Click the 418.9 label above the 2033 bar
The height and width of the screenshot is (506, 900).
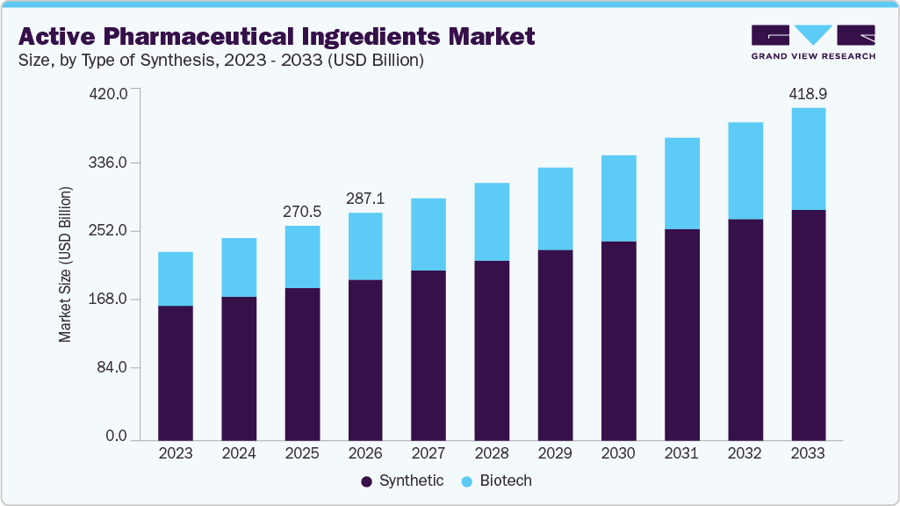(x=808, y=93)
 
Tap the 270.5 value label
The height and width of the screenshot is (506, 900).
(x=302, y=212)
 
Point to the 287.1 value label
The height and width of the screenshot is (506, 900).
(x=365, y=199)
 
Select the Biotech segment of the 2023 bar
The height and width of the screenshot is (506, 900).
(x=176, y=278)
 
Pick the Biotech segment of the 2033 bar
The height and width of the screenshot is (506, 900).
(x=808, y=159)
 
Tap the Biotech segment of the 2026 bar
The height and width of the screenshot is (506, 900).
(x=365, y=246)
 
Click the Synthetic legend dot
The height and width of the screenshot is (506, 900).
(x=367, y=481)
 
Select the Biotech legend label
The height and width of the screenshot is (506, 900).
(x=507, y=481)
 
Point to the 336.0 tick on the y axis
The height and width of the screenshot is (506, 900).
(x=110, y=163)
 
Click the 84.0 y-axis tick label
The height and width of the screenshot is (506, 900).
(x=112, y=367)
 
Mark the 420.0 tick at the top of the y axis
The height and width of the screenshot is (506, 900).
(x=110, y=93)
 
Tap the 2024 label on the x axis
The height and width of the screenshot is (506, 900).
(x=239, y=453)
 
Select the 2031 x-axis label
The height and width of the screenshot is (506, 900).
(x=681, y=453)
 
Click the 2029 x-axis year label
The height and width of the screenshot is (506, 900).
(x=555, y=453)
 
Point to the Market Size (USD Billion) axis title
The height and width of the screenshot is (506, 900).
(x=65, y=264)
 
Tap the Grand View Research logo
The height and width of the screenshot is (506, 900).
(x=813, y=41)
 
